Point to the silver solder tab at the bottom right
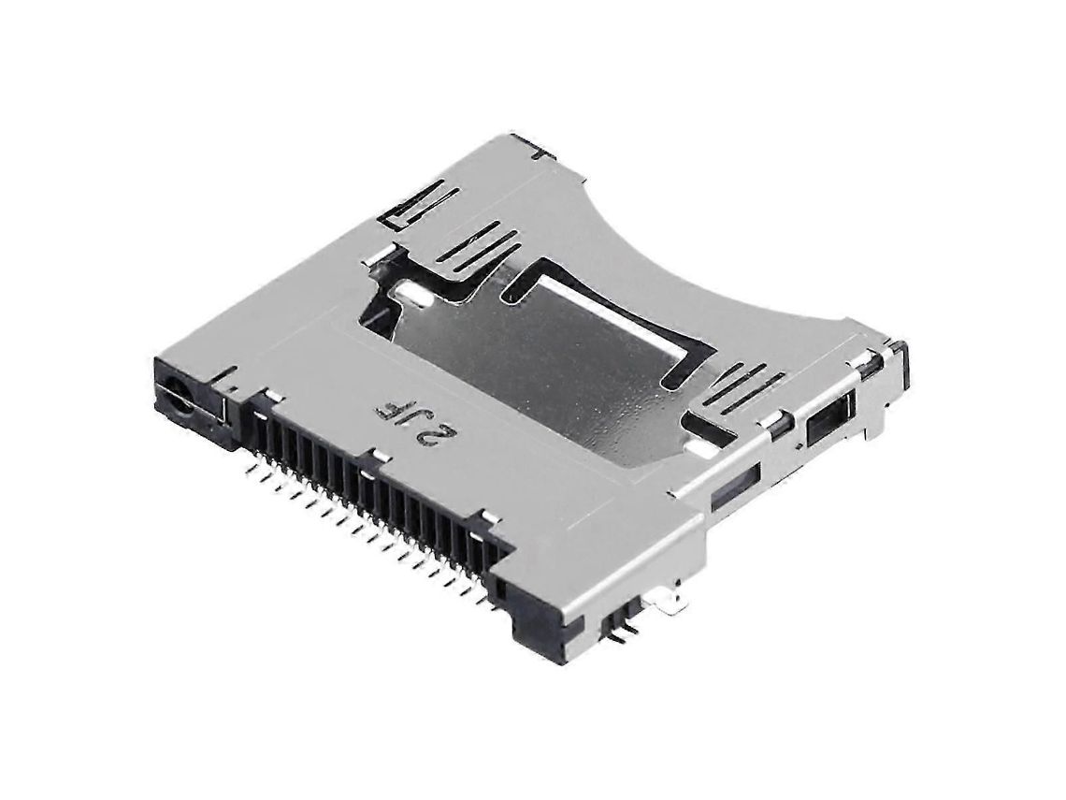[x=672, y=600]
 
